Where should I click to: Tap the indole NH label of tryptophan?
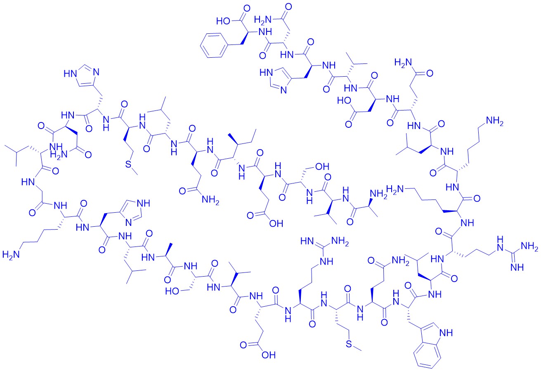pos(446,333)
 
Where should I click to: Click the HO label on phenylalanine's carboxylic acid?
pos(223,21)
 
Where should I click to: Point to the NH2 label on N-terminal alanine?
pos(378,194)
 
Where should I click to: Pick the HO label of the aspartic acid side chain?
pos(345,101)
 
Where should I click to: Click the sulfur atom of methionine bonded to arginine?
pos(349,344)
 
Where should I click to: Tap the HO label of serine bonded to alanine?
pos(172,291)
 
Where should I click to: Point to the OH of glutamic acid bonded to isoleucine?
pos(276,223)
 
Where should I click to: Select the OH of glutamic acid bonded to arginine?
pos(269,355)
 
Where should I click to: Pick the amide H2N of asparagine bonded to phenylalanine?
pos(263,20)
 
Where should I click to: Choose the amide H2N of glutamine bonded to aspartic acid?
pos(403,63)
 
